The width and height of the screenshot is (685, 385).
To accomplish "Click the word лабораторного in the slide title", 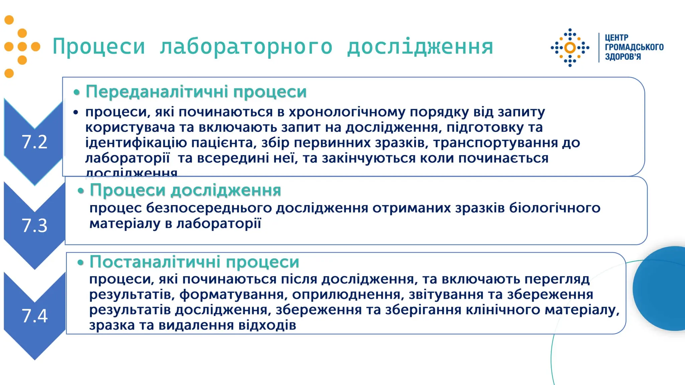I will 246,47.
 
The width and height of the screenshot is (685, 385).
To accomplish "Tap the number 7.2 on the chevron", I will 34,142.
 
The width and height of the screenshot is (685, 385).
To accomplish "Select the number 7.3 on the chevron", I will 34,226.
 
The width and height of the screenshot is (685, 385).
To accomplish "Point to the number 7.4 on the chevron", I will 34,316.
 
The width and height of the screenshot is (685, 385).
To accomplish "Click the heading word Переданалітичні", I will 157,92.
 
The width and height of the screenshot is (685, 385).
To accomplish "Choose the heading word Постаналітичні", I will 155,262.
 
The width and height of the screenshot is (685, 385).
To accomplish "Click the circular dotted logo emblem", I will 570,48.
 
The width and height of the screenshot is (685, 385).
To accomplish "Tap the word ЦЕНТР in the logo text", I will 616,37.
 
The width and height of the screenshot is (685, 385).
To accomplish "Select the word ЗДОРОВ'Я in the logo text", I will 623,57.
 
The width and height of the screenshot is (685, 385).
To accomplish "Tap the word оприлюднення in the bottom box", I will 346,295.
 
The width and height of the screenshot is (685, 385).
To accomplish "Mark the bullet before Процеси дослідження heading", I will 80,191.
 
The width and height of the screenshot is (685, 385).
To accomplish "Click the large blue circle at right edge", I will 661,288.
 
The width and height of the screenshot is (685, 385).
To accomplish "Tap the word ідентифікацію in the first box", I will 136,143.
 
